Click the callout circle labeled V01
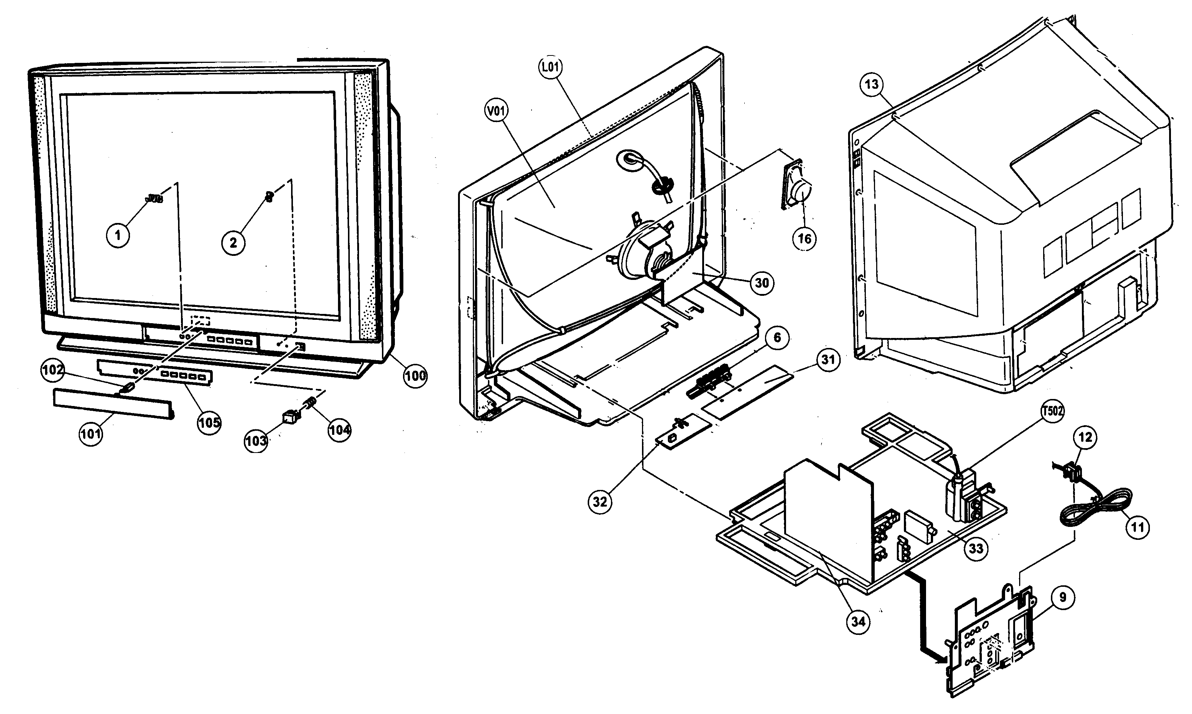(x=496, y=112)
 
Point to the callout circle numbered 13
(x=871, y=85)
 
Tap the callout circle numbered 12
(x=1085, y=437)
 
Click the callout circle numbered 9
(x=1063, y=597)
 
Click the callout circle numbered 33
(x=976, y=548)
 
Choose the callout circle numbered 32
(x=600, y=502)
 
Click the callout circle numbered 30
(x=762, y=283)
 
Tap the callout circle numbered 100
(x=415, y=375)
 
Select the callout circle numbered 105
(x=209, y=422)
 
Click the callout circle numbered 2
(x=233, y=243)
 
